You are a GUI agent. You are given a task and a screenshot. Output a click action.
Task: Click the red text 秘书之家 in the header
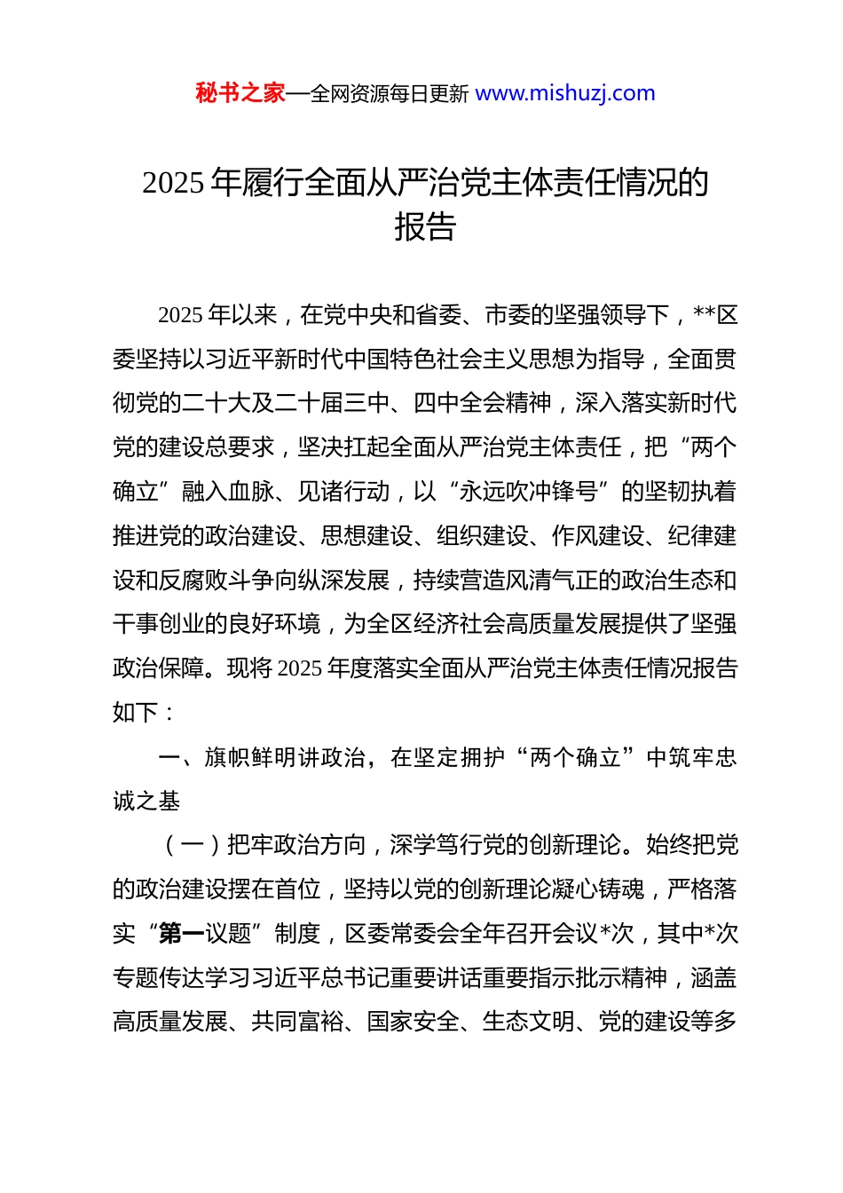click(240, 93)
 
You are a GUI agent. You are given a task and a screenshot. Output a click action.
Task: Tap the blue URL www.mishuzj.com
click(565, 93)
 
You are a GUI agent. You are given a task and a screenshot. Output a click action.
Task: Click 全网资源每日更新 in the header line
click(389, 94)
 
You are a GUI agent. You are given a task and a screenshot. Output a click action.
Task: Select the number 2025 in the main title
click(173, 183)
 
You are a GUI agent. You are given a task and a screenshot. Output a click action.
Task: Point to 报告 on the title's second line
click(425, 227)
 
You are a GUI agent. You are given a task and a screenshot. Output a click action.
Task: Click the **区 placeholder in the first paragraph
click(715, 315)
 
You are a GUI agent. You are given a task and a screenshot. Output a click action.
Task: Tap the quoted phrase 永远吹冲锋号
click(528, 492)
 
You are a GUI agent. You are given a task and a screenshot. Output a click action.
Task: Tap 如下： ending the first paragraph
click(146, 713)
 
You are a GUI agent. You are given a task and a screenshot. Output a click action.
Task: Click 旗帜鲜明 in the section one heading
click(250, 757)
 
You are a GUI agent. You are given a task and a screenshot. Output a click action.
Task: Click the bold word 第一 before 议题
click(181, 934)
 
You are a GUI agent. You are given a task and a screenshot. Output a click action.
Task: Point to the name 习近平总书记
click(309, 978)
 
